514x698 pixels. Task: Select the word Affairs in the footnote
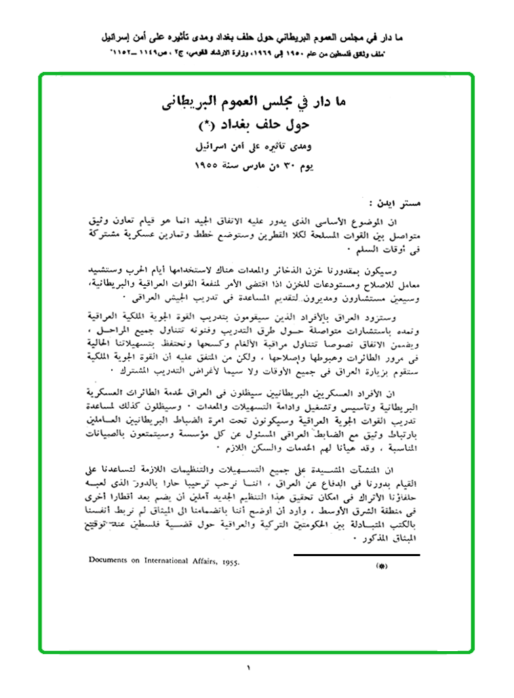point(201,562)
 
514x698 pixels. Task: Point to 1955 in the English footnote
point(230,563)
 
